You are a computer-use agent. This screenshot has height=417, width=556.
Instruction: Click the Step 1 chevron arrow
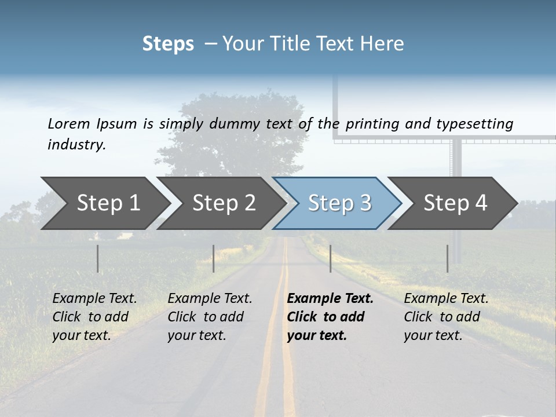point(108,203)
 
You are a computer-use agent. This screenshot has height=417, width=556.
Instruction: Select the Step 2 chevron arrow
point(224,203)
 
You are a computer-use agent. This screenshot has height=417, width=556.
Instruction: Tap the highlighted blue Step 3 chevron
point(339,203)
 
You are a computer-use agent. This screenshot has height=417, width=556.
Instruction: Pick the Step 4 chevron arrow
point(455,203)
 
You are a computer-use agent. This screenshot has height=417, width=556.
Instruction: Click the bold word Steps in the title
point(168,44)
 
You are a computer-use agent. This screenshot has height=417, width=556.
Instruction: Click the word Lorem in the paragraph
point(69,123)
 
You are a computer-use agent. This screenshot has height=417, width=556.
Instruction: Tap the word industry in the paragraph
point(76,144)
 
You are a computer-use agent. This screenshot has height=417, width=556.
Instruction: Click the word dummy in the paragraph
point(236,123)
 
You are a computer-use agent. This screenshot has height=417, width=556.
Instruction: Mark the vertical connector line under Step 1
point(98,258)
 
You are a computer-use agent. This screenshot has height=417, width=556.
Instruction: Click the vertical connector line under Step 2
point(214,258)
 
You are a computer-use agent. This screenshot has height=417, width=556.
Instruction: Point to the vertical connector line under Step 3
point(331,258)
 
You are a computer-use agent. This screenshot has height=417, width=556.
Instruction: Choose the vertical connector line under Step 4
point(448,258)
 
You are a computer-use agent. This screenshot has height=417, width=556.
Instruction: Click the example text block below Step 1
point(94,317)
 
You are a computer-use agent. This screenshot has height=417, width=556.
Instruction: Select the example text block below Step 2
point(210,317)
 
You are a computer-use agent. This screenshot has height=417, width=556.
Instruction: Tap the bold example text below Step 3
point(330,317)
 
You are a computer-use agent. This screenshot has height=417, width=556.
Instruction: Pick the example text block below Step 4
point(446,317)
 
